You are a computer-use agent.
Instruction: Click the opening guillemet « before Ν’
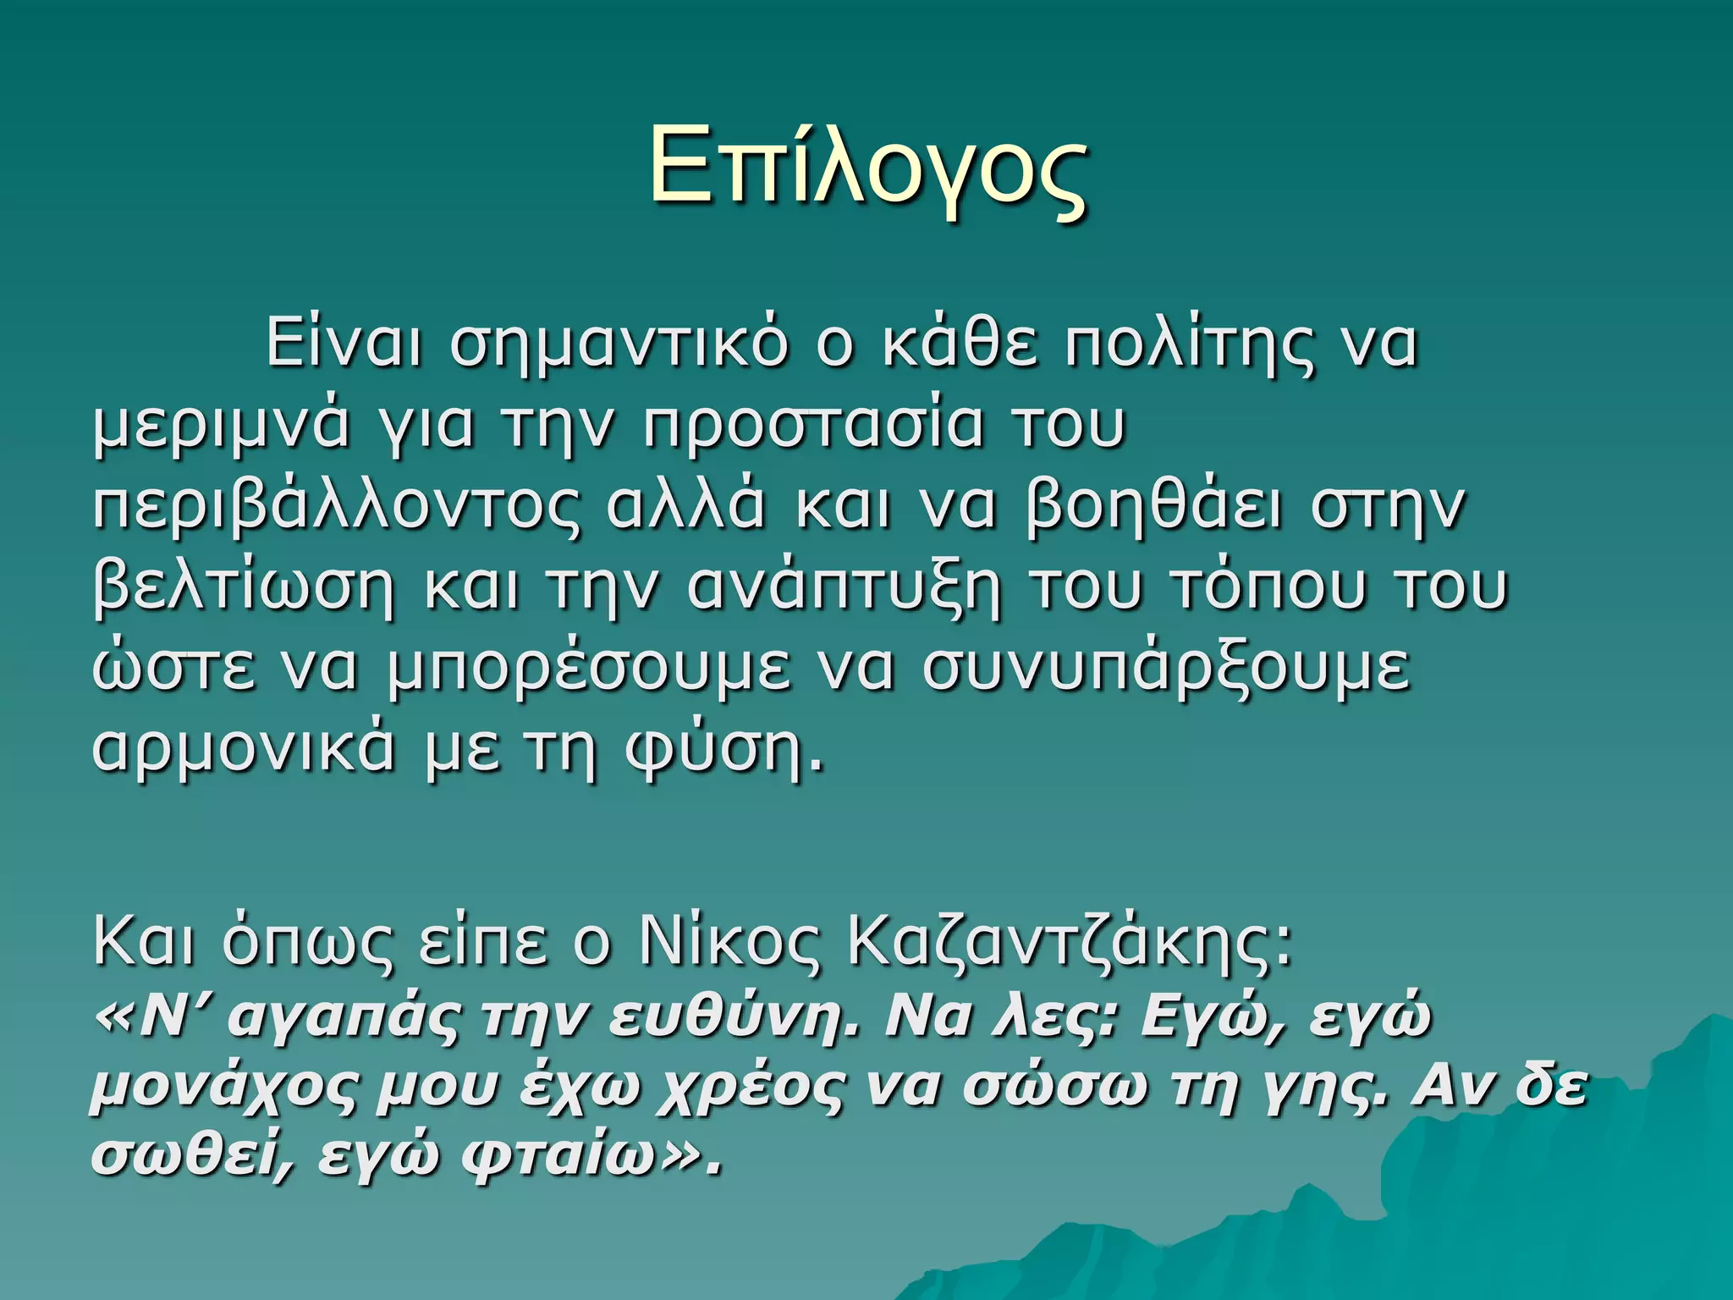(113, 1019)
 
